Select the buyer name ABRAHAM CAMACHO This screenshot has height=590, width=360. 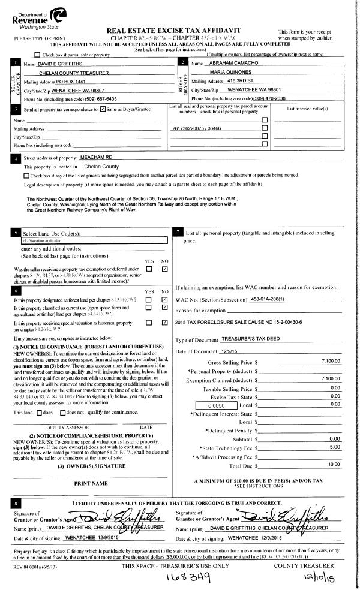coord(231,63)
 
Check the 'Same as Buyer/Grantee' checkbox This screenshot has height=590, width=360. coord(103,109)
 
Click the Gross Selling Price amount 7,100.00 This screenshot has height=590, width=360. coord(330,362)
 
